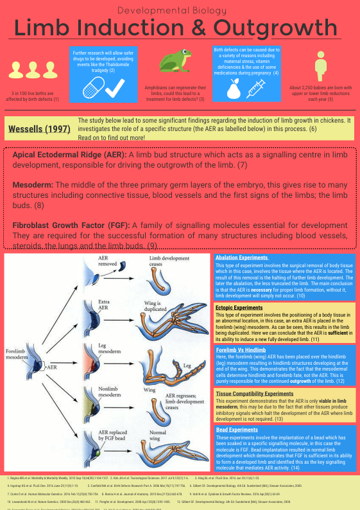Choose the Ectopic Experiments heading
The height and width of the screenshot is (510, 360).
pos(240,308)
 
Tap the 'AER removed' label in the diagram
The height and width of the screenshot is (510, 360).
pos(108,260)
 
